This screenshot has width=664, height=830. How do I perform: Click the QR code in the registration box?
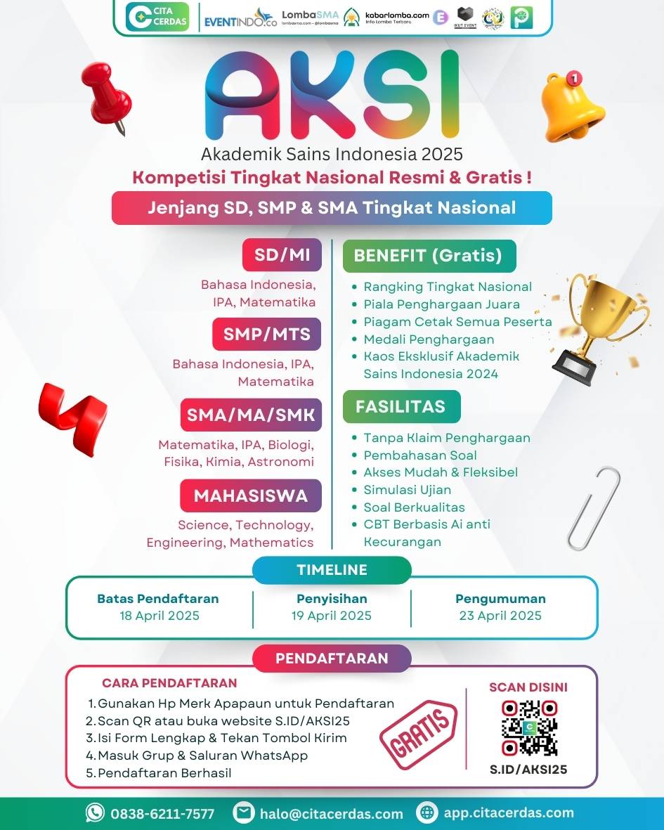[528, 728]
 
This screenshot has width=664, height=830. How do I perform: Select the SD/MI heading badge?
[282, 254]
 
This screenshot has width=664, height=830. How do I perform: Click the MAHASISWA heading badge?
[251, 495]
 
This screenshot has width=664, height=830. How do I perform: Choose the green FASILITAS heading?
[401, 406]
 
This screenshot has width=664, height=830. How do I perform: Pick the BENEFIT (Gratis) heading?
[429, 255]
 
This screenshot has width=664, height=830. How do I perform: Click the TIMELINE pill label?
[332, 570]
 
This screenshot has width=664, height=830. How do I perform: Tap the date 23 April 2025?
[500, 616]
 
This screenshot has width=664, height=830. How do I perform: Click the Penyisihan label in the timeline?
[332, 599]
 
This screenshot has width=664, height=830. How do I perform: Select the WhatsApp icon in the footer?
[95, 813]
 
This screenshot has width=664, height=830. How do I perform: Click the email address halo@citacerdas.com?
[332, 814]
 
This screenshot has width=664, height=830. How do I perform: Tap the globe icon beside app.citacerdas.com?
[427, 813]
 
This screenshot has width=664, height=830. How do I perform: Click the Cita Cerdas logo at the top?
[157, 17]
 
